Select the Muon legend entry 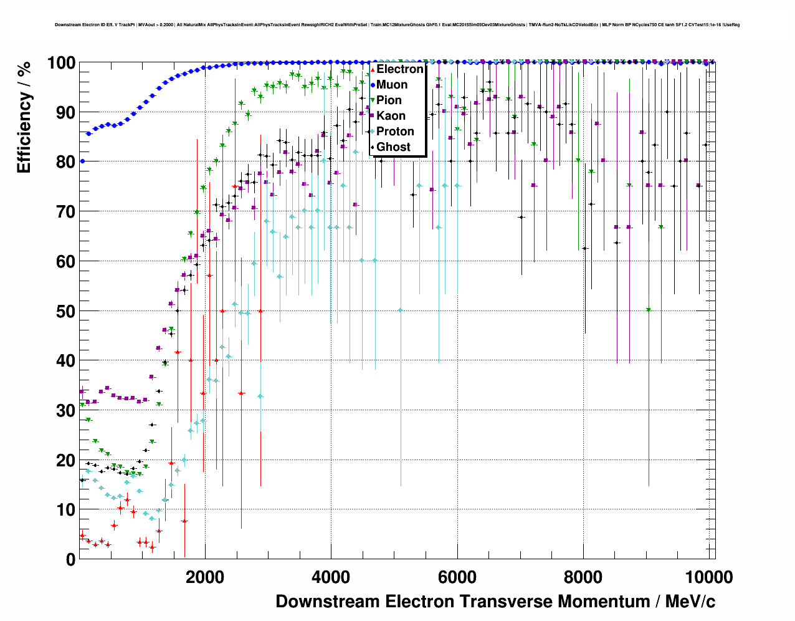[x=392, y=85]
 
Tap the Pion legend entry [x=389, y=100]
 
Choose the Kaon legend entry [x=391, y=116]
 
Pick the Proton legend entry [x=395, y=132]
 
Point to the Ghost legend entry [x=393, y=147]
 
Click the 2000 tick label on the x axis [x=205, y=577]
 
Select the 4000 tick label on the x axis [x=331, y=577]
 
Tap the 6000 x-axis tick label [x=457, y=577]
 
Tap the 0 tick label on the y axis [x=71, y=559]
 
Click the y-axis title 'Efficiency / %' [x=24, y=117]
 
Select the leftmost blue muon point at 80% [x=82, y=161]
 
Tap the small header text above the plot [x=397, y=25]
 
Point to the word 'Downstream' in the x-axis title [x=328, y=602]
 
